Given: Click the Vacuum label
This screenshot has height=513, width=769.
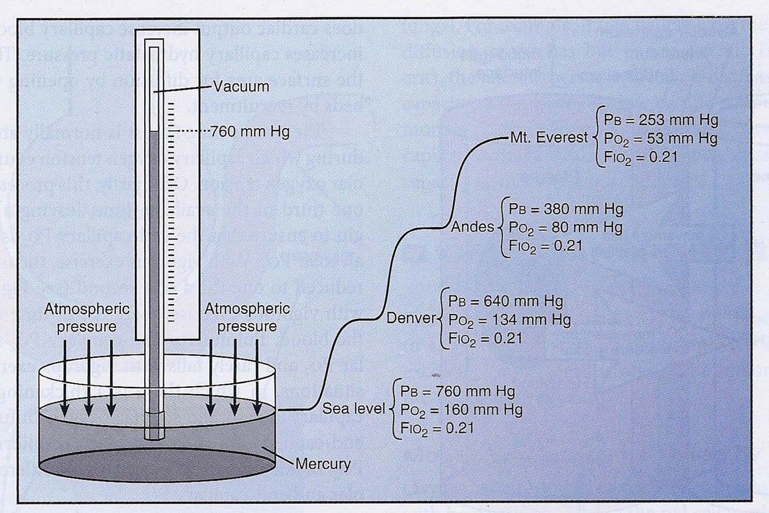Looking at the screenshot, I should [x=241, y=87].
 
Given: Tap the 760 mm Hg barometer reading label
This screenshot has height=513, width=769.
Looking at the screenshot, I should [x=250, y=132].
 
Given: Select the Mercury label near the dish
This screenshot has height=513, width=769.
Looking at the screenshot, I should [x=323, y=463].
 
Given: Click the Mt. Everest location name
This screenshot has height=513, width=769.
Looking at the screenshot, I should [x=548, y=138].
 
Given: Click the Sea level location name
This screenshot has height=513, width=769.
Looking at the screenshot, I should [x=353, y=409].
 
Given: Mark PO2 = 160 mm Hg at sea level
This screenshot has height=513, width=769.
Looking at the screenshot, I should [x=457, y=410].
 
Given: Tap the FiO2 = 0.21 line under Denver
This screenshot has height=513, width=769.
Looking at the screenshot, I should [x=482, y=338].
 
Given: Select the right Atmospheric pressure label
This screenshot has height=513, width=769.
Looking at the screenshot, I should [x=240, y=318].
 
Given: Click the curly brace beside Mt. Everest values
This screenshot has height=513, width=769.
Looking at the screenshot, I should [x=595, y=138].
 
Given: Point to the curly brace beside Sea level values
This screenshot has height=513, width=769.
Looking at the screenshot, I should [x=391, y=409].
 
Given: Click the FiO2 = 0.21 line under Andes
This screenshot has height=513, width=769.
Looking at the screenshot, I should [x=542, y=245].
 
